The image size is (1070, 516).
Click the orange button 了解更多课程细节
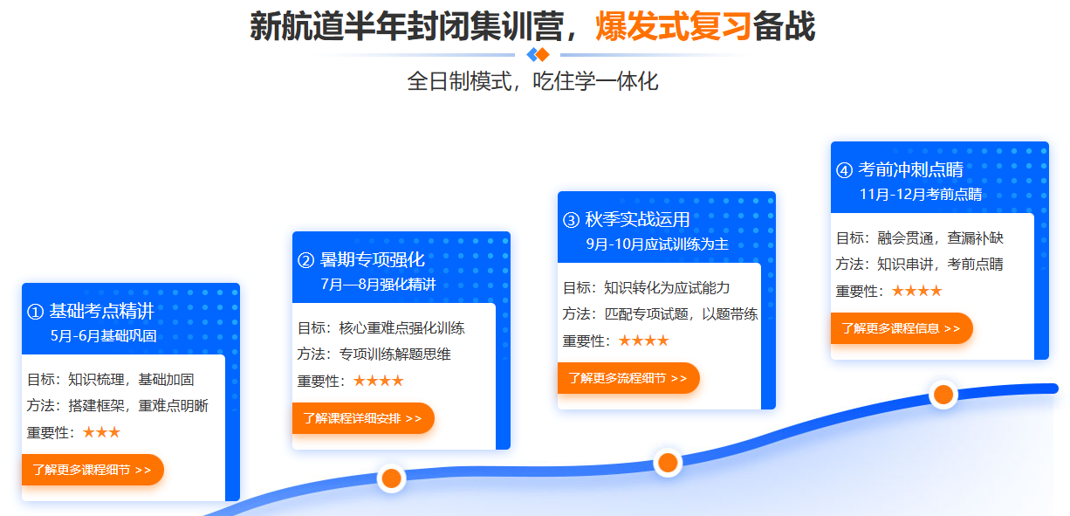92,470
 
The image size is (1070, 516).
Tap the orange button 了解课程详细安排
362,418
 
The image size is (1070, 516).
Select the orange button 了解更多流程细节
628,378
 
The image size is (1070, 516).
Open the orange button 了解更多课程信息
901,328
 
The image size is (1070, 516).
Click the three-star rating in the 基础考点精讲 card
101,432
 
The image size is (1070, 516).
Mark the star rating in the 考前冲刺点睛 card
916,291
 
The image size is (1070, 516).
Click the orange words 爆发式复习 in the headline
673,26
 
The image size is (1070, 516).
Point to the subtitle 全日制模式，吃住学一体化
532,82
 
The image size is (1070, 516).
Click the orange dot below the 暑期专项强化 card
391,478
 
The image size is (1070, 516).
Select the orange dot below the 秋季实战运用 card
668,462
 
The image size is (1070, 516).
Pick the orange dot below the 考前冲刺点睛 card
943,394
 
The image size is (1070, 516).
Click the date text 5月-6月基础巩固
104,335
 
